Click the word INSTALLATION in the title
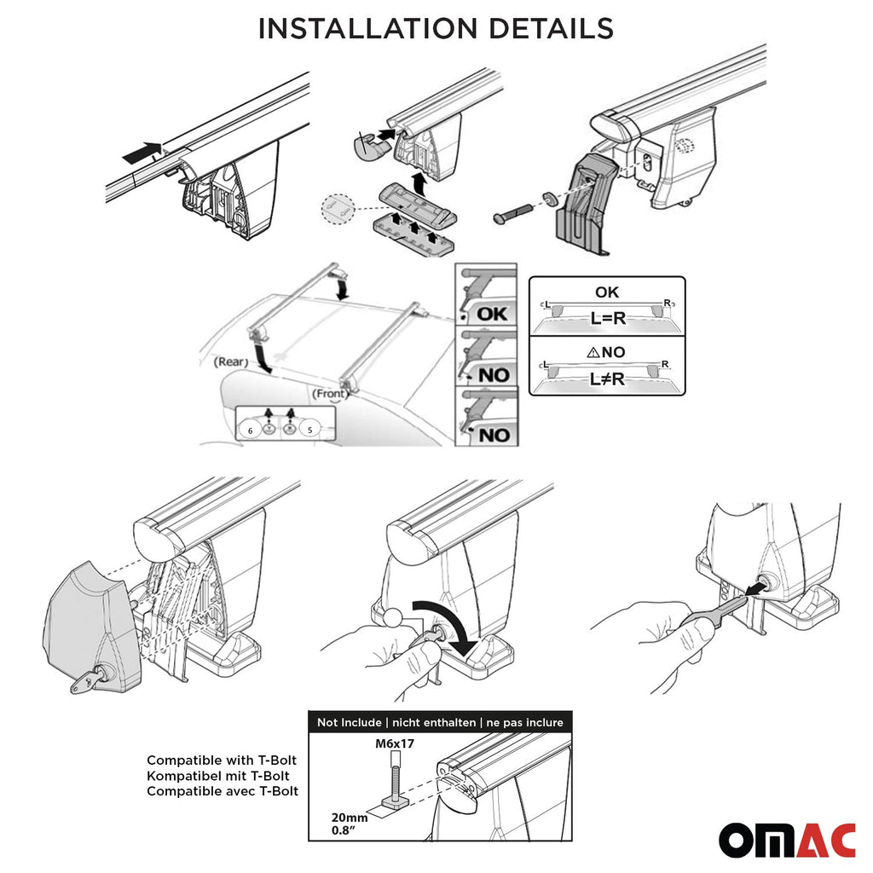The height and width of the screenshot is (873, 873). (x=368, y=28)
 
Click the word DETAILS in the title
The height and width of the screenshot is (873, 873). (x=552, y=28)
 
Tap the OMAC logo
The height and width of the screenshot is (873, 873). (x=787, y=841)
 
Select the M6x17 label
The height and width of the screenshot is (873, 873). (x=394, y=743)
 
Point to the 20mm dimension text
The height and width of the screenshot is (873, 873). (x=349, y=818)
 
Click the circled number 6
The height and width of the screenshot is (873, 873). (x=251, y=430)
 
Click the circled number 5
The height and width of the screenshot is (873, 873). (x=310, y=429)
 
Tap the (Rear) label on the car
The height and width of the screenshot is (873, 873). (x=231, y=361)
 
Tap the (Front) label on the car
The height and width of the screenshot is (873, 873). (x=330, y=394)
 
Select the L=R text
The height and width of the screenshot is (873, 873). (x=608, y=319)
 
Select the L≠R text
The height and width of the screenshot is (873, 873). (x=607, y=379)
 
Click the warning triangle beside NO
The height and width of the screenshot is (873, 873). (x=593, y=352)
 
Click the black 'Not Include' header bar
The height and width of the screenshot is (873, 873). (x=440, y=722)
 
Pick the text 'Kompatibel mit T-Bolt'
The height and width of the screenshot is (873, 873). (x=218, y=776)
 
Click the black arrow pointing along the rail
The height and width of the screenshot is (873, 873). (x=142, y=153)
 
